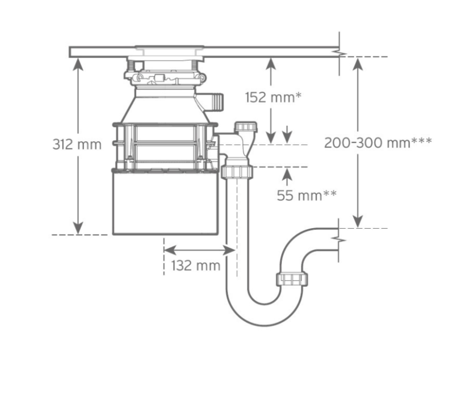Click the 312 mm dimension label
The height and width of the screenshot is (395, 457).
tap(77, 144)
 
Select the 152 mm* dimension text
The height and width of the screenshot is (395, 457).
tap(273, 97)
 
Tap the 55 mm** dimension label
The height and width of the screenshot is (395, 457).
tap(307, 195)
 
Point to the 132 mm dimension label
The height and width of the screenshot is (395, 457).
tap(196, 266)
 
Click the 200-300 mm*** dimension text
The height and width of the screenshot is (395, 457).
tap(378, 143)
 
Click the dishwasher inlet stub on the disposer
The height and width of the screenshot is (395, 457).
tap(215, 102)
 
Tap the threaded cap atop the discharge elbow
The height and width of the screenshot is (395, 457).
tap(246, 127)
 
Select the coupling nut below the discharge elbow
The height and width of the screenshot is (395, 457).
tap(237, 171)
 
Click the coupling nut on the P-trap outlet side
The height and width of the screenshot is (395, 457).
tap(292, 279)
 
